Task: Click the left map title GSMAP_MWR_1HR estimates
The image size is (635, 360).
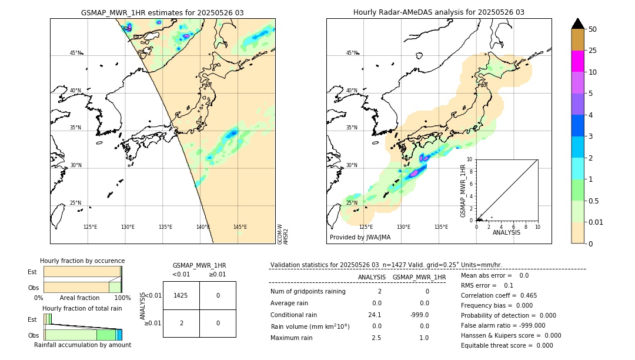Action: [162, 12]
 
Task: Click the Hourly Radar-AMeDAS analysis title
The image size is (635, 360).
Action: [439, 12]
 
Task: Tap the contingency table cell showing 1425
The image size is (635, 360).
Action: [181, 296]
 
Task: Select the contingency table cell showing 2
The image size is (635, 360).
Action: [181, 323]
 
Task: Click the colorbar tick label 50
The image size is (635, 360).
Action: [593, 29]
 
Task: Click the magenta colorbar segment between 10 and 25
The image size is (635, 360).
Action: [577, 61]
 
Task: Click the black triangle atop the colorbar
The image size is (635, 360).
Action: [577, 24]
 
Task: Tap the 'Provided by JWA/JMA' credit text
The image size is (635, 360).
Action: [360, 237]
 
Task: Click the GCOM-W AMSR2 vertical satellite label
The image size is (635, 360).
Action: [283, 234]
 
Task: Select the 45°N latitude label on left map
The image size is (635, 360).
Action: [76, 53]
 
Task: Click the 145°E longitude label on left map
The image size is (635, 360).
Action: [240, 227]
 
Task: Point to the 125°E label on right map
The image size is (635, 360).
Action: [366, 227]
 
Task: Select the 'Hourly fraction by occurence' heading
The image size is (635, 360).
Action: [82, 261]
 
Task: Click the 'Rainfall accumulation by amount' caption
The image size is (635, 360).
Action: [82, 345]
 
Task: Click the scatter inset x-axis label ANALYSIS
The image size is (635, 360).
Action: [506, 232]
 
